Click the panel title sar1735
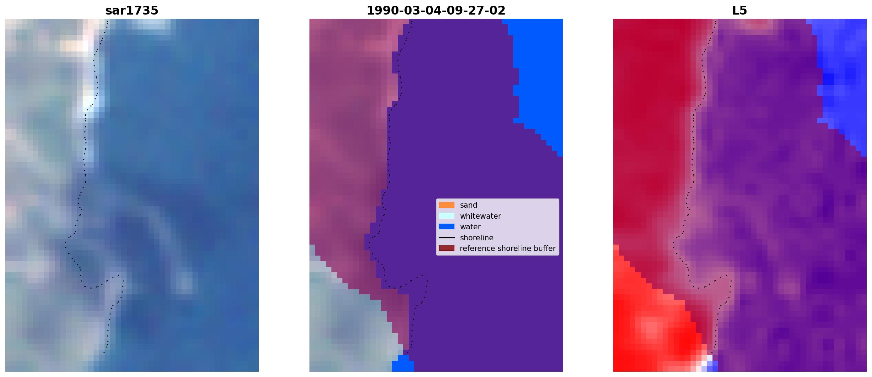point(132,11)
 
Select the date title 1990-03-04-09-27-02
point(436,11)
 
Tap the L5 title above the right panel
point(740,11)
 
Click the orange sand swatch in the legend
point(447,205)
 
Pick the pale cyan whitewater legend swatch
point(447,216)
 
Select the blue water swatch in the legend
point(447,226)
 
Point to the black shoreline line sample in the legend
point(447,237)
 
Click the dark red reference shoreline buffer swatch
point(447,248)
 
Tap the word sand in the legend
point(469,205)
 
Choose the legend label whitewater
point(480,216)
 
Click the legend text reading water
point(470,227)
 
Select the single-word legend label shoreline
point(476,237)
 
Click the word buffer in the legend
point(544,248)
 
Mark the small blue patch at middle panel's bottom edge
point(403,364)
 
